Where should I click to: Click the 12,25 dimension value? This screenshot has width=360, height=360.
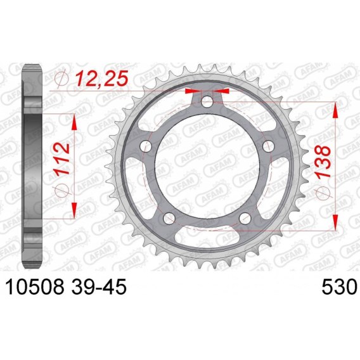(x=102, y=78)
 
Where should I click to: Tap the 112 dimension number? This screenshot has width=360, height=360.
(x=61, y=158)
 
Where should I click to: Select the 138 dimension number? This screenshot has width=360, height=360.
(x=323, y=162)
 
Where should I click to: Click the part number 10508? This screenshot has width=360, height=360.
(x=35, y=286)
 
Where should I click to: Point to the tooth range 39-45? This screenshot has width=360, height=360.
(x=99, y=286)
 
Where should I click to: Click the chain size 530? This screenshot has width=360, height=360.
(x=340, y=286)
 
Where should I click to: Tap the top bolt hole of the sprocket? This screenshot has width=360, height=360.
(x=207, y=101)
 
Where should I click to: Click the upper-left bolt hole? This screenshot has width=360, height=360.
(x=146, y=146)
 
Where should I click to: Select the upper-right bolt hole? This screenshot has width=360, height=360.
(x=269, y=146)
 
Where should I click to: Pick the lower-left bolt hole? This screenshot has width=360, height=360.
(x=169, y=218)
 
